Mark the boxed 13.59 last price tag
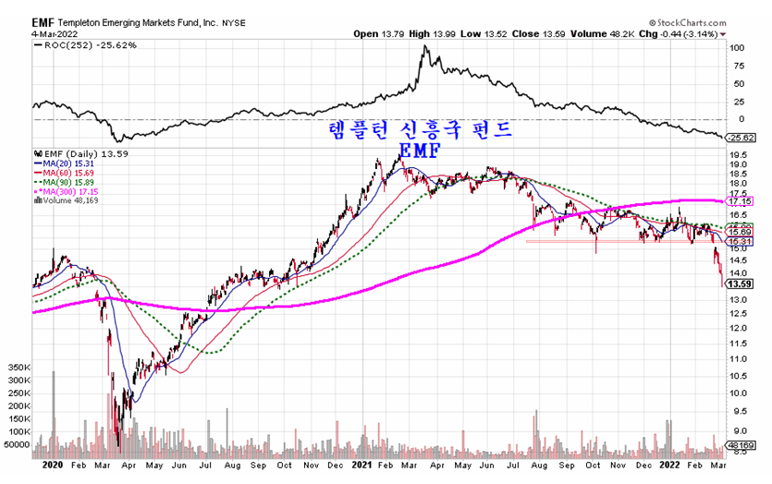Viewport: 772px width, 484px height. coord(739,285)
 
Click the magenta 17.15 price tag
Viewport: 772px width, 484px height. coord(739,200)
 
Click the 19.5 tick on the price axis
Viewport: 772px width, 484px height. coord(738,157)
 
